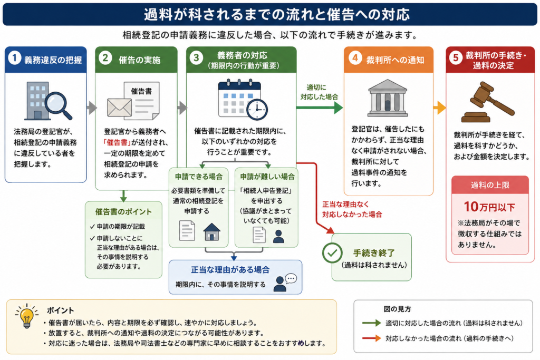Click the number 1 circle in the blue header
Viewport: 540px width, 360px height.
(x=15, y=58)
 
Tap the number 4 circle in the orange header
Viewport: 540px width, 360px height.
(x=355, y=57)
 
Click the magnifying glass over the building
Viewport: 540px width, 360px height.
(x=58, y=105)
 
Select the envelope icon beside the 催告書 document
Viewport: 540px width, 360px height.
(x=119, y=107)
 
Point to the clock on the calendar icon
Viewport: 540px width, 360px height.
(x=257, y=110)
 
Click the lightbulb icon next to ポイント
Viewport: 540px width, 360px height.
(x=26, y=316)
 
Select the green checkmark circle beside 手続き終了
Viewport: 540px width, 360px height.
(x=332, y=253)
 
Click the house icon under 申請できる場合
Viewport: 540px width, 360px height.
(x=212, y=231)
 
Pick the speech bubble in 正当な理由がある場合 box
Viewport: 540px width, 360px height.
(x=291, y=278)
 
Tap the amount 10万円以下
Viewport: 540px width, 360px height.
(x=489, y=207)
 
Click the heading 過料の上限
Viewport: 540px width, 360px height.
(x=490, y=185)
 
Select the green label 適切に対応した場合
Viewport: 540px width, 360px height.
(x=319, y=92)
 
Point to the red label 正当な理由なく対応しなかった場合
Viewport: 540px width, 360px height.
(x=352, y=210)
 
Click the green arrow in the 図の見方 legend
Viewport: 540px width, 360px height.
(x=372, y=323)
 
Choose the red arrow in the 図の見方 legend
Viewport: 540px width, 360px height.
(x=372, y=338)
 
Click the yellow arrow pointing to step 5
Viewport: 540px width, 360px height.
(x=440, y=108)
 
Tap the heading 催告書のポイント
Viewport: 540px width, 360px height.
(x=123, y=212)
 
